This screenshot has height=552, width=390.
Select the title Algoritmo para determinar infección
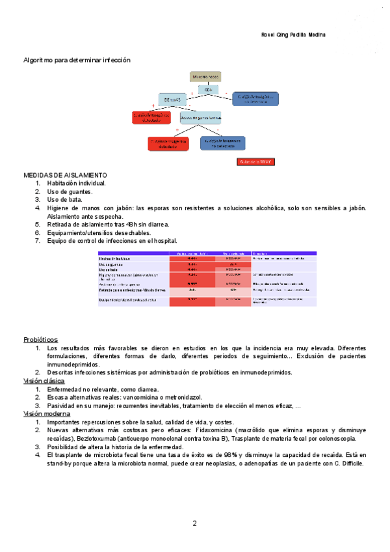tap(77, 60)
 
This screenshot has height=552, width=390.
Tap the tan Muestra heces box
tap(205, 77)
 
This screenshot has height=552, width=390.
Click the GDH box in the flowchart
tap(207, 89)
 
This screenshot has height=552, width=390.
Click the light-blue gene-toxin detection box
tap(201, 118)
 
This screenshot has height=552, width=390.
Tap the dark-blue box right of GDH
tap(258, 98)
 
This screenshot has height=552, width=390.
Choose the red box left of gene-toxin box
tap(151, 117)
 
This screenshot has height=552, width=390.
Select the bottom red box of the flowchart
tap(168, 143)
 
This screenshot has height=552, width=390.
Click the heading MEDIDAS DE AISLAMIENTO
tap(66, 176)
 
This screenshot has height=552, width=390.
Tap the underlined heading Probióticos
tap(41, 340)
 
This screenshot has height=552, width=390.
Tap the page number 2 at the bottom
tap(194, 523)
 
